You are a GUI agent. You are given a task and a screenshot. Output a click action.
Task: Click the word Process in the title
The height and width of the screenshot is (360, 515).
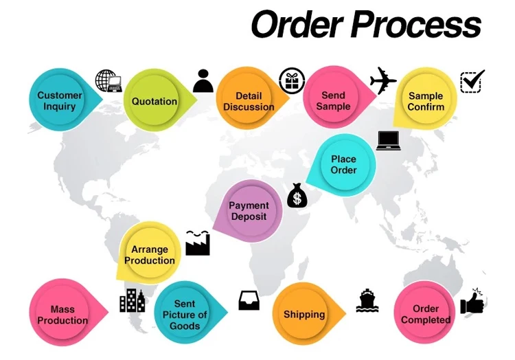click(x=416, y=25)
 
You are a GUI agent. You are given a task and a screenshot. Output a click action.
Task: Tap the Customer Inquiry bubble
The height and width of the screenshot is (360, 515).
click(x=60, y=101)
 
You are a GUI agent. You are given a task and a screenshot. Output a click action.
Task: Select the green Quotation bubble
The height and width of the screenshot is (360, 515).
click(x=154, y=101)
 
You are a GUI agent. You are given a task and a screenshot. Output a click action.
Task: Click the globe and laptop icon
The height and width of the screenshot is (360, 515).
click(x=108, y=81)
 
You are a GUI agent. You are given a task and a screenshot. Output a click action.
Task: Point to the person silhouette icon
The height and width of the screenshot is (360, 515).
click(x=203, y=81)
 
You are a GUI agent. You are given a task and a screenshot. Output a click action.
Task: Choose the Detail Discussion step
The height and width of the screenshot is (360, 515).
click(x=249, y=101)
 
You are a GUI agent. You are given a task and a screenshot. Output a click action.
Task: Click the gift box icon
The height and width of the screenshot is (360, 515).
click(x=292, y=81)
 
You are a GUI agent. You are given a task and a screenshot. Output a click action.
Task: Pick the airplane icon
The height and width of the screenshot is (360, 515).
click(x=383, y=81)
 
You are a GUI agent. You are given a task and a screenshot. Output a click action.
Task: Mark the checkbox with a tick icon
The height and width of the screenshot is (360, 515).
click(x=472, y=81)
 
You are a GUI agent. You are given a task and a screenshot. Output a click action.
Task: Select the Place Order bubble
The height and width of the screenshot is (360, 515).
click(x=343, y=165)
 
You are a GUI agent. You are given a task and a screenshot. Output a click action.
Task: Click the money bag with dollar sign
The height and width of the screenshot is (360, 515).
click(x=297, y=196)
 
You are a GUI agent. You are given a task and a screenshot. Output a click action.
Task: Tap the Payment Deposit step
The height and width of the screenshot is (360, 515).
click(x=249, y=211)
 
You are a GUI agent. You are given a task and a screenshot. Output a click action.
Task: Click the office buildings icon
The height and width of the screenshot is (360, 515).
click(x=132, y=300)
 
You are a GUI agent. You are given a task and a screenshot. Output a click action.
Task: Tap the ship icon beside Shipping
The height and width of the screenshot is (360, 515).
click(x=368, y=300)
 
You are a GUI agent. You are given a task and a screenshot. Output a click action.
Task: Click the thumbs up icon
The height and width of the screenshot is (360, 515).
click(x=472, y=302)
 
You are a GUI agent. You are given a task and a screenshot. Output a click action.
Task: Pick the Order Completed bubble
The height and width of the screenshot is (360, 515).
click(x=425, y=314)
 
